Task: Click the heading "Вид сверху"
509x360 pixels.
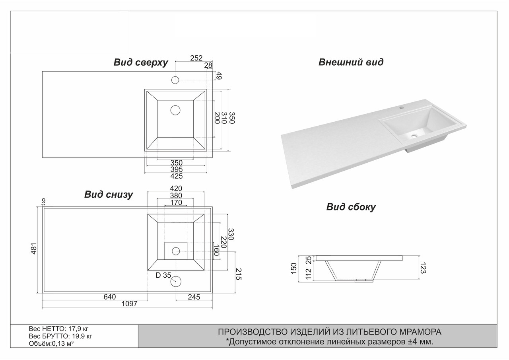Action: (141, 62)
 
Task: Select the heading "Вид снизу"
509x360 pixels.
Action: (109, 195)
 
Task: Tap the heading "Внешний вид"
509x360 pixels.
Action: (351, 62)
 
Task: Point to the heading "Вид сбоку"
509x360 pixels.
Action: (351, 207)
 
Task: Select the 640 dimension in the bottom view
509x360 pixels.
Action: (109, 297)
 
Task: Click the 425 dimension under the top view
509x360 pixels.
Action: (176, 176)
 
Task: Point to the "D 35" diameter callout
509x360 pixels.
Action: (163, 275)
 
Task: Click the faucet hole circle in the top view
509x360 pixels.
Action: (175, 80)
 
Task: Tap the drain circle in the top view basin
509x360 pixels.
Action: (175, 110)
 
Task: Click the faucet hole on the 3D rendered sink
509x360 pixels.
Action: (401, 107)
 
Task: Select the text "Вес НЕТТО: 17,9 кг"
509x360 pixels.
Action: (58, 329)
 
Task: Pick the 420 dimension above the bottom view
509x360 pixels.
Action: (176, 188)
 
